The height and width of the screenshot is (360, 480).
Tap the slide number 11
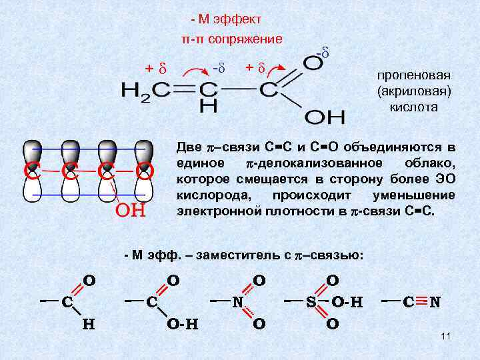pyautogui.click(x=446, y=337)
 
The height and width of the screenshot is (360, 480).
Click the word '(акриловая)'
pyautogui.click(x=407, y=91)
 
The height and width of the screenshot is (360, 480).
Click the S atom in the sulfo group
pyautogui.click(x=311, y=302)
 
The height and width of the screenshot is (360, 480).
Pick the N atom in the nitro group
pyautogui.click(x=237, y=302)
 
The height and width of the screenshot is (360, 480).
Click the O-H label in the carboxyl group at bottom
pyautogui.click(x=183, y=325)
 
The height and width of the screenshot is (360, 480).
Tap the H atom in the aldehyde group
pyautogui.click(x=87, y=325)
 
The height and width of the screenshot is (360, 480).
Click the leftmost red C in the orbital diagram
pyautogui.click(x=30, y=172)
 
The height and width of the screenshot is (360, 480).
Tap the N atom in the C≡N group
pyautogui.click(x=435, y=302)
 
